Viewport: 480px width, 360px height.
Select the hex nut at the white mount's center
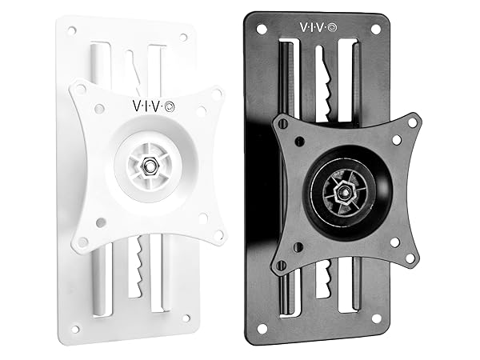click(x=150, y=164)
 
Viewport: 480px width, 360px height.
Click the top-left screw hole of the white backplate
click(x=73, y=30)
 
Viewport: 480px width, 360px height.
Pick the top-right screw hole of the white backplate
click(x=183, y=37)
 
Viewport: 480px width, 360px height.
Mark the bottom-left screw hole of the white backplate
click(x=76, y=327)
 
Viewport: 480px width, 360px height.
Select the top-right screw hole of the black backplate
click(x=375, y=29)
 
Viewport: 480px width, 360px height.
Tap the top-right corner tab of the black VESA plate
click(x=411, y=123)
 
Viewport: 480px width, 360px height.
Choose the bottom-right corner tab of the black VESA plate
click(x=411, y=258)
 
